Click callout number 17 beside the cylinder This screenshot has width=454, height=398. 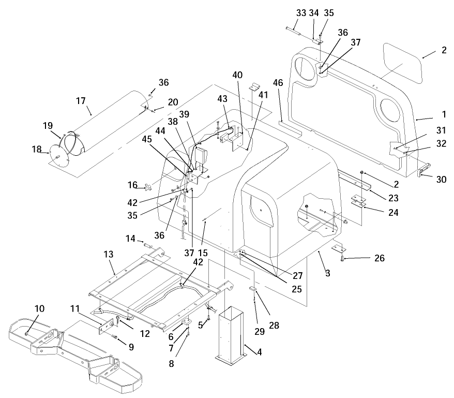coord(81,101)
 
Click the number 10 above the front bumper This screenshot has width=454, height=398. coord(40,309)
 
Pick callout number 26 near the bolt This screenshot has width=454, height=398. coord(379,258)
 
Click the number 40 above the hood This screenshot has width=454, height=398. coord(237,75)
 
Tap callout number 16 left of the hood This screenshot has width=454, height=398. coord(133,185)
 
